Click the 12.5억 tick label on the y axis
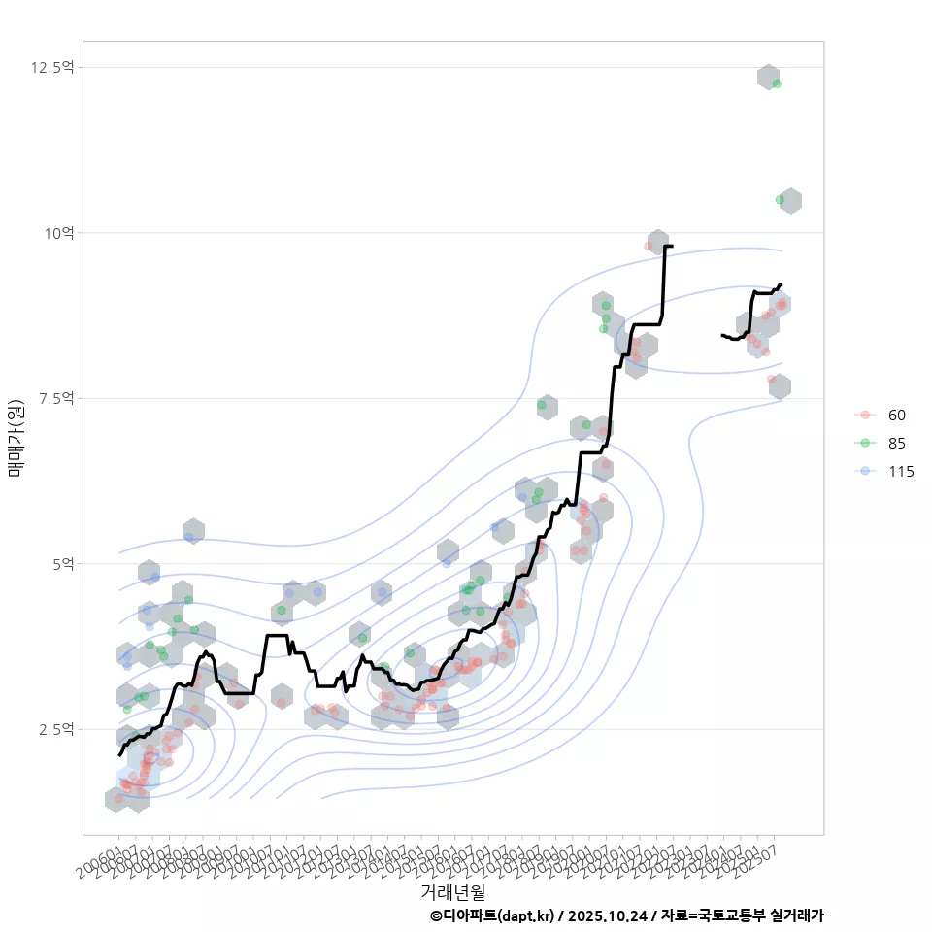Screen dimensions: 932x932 coord(52,67)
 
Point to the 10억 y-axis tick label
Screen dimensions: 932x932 coord(59,233)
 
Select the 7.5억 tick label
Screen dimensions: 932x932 coord(55,398)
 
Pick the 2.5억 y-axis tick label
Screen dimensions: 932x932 coord(55,729)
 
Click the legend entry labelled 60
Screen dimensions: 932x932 coord(896,416)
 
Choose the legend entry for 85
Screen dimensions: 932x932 coord(896,443)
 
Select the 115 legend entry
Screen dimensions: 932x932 coord(900,471)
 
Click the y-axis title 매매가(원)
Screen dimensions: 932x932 coord(16,437)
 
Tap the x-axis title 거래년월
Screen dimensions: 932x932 coord(452,890)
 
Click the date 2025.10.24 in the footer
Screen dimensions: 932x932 coord(608,915)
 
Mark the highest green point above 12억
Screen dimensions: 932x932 coord(777,83)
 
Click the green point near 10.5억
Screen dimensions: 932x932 coord(780,200)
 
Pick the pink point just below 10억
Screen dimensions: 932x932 coord(648,246)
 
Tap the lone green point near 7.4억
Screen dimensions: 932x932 coord(542,405)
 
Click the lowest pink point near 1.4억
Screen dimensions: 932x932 coord(118,798)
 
